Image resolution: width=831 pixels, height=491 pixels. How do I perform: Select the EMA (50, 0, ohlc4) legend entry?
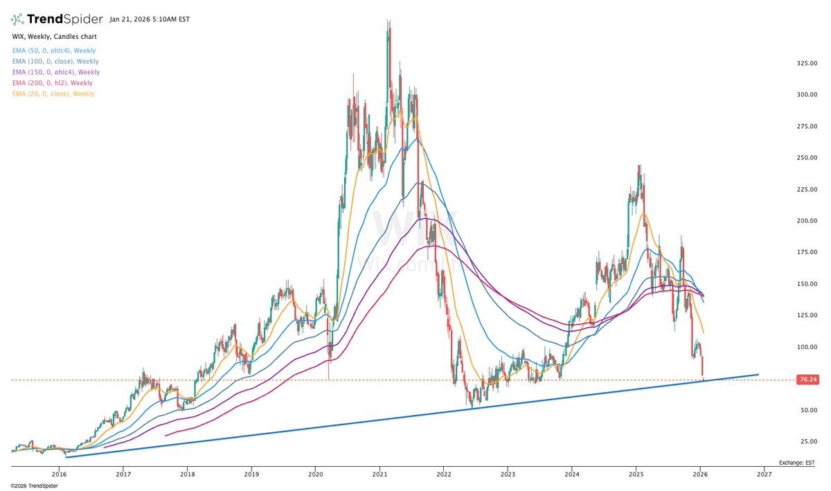[x=54, y=51]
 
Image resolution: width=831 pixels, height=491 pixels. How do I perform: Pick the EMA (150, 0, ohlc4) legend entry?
[x=56, y=72]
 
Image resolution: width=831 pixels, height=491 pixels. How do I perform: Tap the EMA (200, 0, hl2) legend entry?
[x=53, y=82]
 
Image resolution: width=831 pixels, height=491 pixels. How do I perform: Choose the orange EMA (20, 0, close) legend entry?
[x=53, y=93]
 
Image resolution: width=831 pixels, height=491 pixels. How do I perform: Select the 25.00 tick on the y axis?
[x=806, y=441]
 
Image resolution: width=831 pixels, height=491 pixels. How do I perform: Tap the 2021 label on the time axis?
[x=379, y=474]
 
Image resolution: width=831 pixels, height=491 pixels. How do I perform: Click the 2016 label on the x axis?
[x=59, y=474]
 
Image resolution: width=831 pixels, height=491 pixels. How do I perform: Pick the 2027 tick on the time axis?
[x=765, y=474]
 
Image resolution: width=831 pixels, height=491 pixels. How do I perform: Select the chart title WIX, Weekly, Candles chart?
[x=54, y=35]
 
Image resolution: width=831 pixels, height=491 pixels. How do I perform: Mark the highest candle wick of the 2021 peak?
[x=388, y=21]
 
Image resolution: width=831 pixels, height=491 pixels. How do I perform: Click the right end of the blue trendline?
[x=758, y=375]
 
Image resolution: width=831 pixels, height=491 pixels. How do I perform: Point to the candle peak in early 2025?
[x=638, y=166]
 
